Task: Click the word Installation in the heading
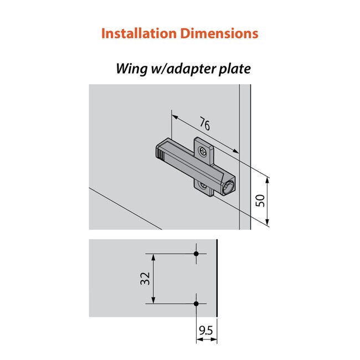(x=138, y=33)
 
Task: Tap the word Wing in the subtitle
(x=130, y=69)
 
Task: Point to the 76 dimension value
(x=204, y=125)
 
